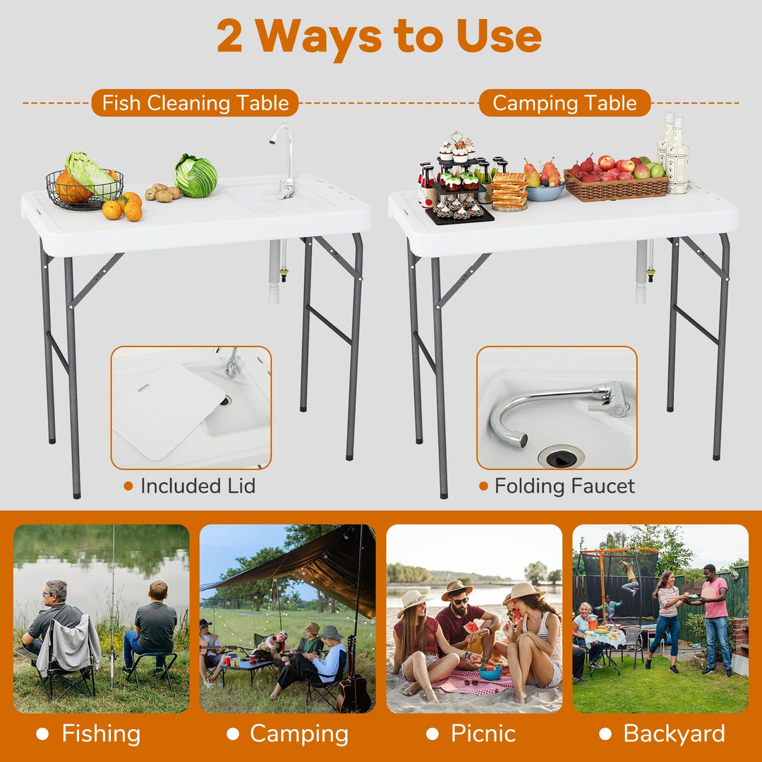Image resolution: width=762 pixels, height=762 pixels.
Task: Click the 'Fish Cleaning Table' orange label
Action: coord(195,103)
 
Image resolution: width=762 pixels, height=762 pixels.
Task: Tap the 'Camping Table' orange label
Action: coord(564,103)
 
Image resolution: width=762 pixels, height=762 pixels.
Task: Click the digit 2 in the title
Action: coord(229,37)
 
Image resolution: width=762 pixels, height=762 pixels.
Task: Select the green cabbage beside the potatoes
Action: coord(195,176)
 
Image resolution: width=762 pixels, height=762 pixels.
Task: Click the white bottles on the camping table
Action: coord(673,153)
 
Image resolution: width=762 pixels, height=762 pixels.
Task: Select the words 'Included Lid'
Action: coord(198,486)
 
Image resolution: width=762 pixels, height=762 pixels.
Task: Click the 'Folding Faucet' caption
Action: coord(564,486)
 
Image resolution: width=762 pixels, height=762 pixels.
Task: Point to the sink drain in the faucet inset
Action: coord(562,457)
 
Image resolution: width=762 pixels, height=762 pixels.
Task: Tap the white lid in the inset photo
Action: coord(168,412)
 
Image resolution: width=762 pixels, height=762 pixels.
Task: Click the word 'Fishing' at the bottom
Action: coord(101,733)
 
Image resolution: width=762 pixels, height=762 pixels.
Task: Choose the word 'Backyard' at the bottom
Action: coord(674,733)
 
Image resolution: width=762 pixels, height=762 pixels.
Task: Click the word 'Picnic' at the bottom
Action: coord(483,733)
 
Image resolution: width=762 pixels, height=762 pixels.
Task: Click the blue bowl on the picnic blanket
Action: coord(490,672)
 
